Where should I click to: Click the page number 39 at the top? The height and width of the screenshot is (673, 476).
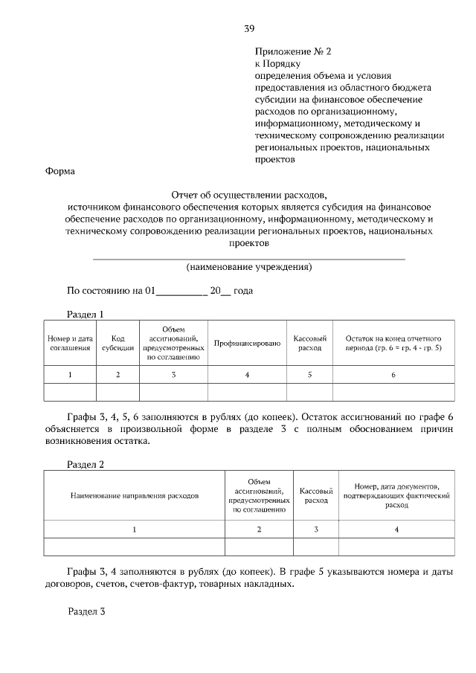click(x=249, y=29)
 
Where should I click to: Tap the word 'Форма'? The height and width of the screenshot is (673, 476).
click(x=60, y=170)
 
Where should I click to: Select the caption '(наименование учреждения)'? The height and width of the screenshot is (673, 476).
click(x=248, y=266)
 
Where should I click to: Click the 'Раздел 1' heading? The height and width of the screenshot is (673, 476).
click(x=86, y=314)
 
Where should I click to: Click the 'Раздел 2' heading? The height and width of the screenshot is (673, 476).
click(x=86, y=465)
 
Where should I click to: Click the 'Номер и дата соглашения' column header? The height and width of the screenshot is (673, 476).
click(x=71, y=343)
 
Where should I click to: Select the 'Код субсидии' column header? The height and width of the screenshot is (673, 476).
click(x=118, y=343)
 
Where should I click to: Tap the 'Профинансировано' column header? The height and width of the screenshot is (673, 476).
click(x=247, y=343)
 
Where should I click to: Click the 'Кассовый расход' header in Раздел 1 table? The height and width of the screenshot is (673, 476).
click(x=309, y=343)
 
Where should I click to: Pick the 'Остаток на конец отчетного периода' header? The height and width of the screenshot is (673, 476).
click(x=393, y=343)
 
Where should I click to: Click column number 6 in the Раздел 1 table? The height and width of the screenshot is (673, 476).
click(x=393, y=375)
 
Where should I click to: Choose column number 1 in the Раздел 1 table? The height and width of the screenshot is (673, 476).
click(x=71, y=375)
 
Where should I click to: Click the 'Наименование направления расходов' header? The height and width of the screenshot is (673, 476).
click(x=135, y=495)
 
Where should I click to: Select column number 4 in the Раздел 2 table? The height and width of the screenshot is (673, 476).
click(x=396, y=529)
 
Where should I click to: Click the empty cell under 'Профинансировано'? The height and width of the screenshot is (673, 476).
click(x=247, y=392)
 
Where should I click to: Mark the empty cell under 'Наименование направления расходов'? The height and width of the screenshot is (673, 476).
click(x=135, y=547)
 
